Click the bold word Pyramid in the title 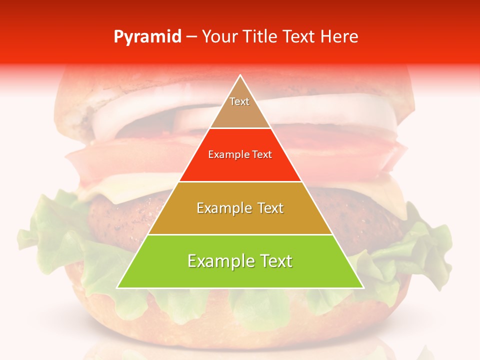coord(147,37)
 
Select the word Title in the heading coord(260,37)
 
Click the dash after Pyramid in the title coord(191,37)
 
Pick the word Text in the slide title coord(299,37)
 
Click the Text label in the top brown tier coord(239,101)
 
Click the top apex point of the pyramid coord(240,75)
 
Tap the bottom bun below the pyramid coord(240,320)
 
